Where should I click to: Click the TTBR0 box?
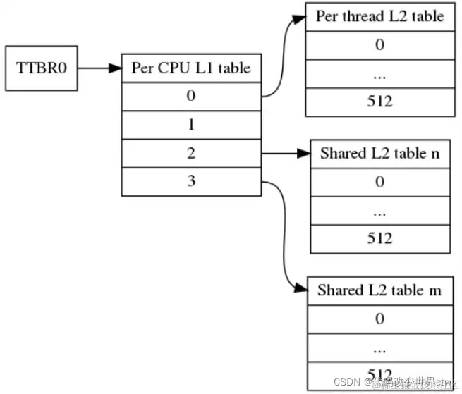coord(41,68)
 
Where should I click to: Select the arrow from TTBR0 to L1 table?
coord(98,68)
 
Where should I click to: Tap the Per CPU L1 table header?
coord(190,68)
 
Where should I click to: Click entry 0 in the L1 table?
coord(190,96)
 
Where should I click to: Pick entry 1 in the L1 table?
coord(190,124)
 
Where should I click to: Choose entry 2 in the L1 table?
coord(190,152)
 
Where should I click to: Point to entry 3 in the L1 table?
coord(190,180)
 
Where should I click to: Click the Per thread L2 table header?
coord(379,17)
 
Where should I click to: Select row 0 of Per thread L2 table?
coord(379,45)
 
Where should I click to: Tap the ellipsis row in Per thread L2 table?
coord(379,73)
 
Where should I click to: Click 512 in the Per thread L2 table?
coord(379,101)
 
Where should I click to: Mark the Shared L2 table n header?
coord(379,154)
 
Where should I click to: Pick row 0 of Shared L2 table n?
coord(379,182)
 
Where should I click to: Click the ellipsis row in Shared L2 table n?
coord(379,210)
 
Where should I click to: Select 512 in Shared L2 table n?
coord(379,238)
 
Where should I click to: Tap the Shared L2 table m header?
coord(379,290)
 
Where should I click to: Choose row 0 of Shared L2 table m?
coord(379,319)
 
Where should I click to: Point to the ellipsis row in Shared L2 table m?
coord(379,347)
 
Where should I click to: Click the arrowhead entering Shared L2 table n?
coord(305,153)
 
